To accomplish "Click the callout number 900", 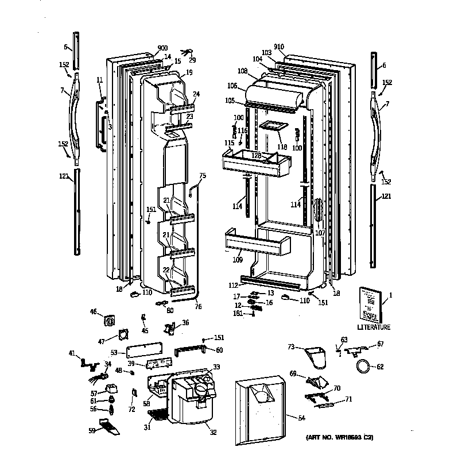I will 162,49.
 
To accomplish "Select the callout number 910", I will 279,47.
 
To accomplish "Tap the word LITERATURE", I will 373,327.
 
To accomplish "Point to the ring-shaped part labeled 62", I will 363,366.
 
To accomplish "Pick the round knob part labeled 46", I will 110,317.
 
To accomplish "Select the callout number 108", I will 242,71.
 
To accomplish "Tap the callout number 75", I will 202,176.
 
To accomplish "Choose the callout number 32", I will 213,432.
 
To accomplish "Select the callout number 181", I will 238,313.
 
